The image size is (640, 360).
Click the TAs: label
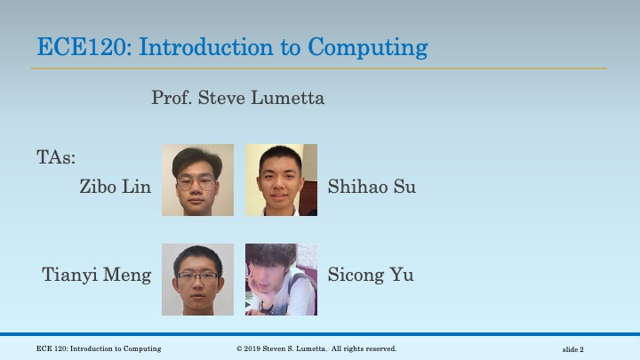click(56, 157)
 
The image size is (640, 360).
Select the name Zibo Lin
click(115, 187)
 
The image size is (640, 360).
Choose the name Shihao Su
click(372, 187)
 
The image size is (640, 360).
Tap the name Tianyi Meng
click(97, 275)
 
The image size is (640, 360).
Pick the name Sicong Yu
click(371, 275)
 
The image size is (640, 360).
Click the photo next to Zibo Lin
click(197, 180)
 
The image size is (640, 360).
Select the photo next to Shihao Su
click(281, 180)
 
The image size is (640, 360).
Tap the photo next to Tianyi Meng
click(197, 279)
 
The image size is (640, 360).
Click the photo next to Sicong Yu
click(281, 279)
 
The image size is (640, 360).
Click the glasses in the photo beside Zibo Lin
click(196, 183)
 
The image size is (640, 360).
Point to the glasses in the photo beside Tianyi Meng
click(196, 277)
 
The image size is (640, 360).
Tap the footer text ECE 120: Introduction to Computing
click(99, 349)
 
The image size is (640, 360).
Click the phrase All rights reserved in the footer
click(364, 349)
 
